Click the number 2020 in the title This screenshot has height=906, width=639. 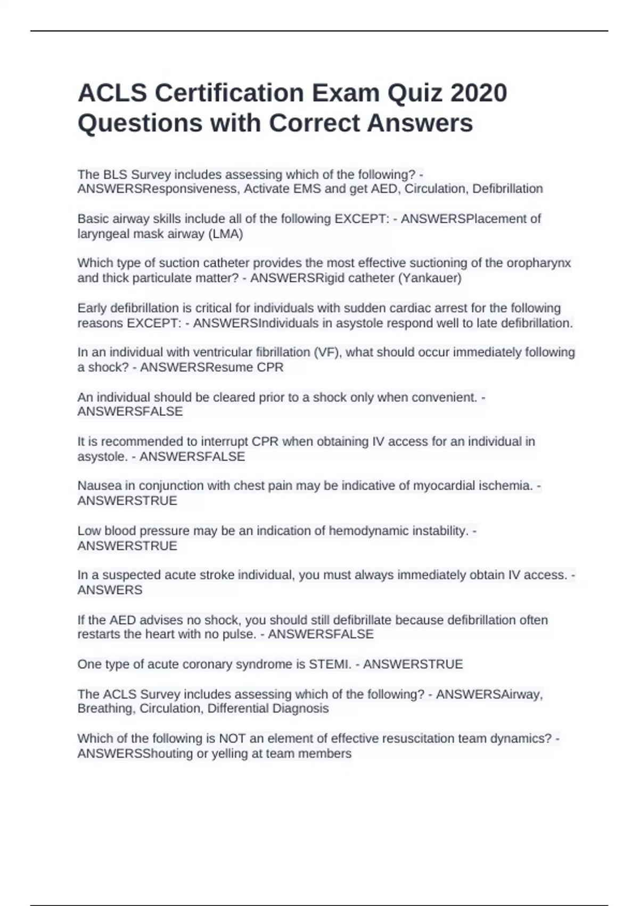point(478,93)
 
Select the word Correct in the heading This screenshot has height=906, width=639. point(314,123)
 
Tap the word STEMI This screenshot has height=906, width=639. point(329,664)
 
